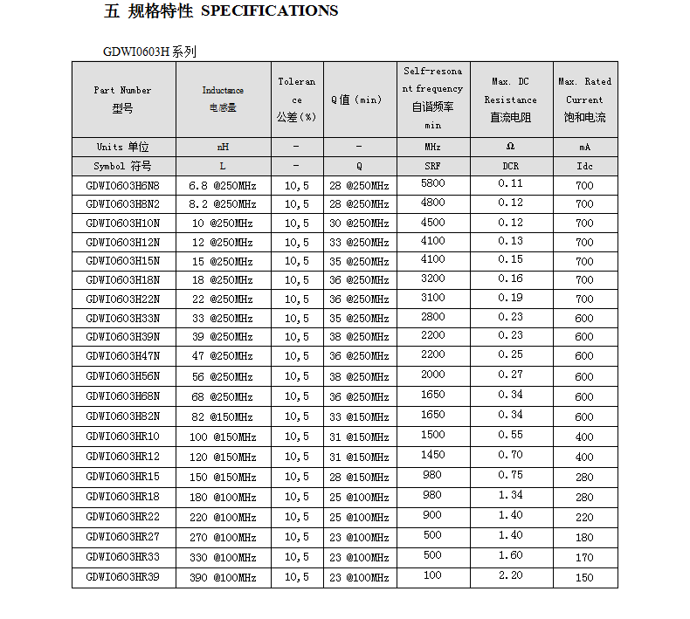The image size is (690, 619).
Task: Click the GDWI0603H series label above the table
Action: click(x=149, y=52)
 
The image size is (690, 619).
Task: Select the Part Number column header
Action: click(x=123, y=99)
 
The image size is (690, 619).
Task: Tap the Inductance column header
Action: click(x=223, y=99)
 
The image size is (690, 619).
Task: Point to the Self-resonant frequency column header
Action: click(x=433, y=98)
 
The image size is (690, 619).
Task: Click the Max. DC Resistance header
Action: click(x=511, y=99)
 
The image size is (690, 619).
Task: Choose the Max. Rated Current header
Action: click(x=585, y=99)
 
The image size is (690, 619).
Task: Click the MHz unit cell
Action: click(x=433, y=147)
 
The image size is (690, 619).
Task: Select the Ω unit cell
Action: click(x=511, y=147)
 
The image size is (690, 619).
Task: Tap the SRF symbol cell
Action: click(x=433, y=166)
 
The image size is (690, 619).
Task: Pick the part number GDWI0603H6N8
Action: click(x=123, y=185)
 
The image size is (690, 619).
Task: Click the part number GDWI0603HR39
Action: click(x=123, y=577)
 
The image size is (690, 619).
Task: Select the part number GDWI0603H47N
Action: click(x=123, y=355)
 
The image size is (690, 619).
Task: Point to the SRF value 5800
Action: click(x=433, y=183)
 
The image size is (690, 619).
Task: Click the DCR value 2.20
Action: click(x=511, y=575)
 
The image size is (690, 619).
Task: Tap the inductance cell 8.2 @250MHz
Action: click(x=223, y=204)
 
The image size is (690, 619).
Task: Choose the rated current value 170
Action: click(x=585, y=557)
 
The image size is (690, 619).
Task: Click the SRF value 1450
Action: click(x=433, y=455)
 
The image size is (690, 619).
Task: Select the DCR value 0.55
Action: click(x=511, y=435)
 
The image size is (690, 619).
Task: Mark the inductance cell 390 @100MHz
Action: click(x=223, y=577)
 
